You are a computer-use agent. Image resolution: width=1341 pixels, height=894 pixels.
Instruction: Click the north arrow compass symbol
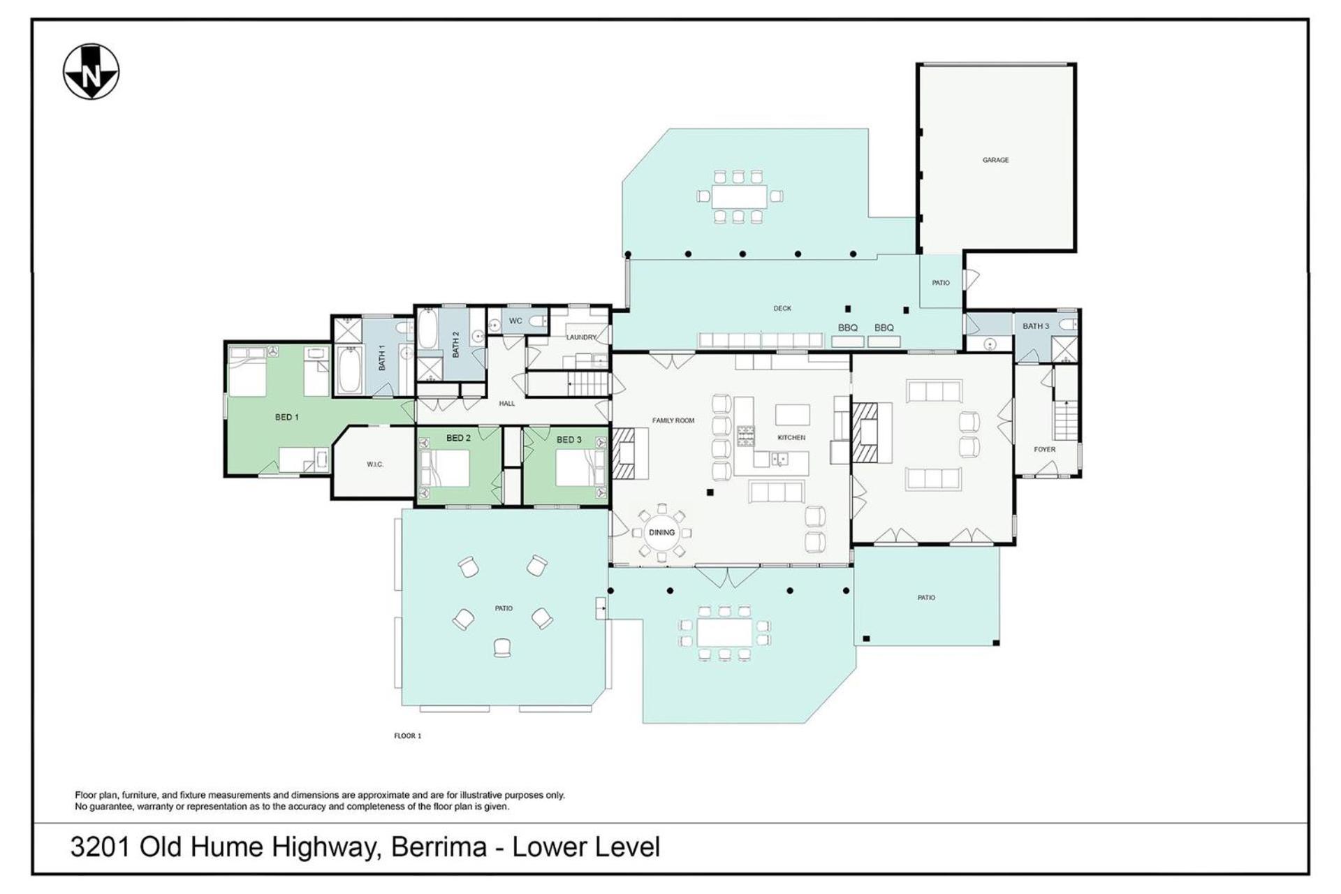(91, 72)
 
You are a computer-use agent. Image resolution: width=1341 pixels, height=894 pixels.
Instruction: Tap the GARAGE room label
(995, 160)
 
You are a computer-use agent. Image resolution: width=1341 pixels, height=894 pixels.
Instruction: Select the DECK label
(782, 308)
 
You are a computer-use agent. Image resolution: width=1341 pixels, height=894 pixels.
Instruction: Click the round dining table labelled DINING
(661, 532)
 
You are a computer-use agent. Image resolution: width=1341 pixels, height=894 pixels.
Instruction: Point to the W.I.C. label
(375, 464)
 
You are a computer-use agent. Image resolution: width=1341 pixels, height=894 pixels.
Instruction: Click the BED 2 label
(458, 438)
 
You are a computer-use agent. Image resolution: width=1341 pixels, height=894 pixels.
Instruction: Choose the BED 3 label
(569, 439)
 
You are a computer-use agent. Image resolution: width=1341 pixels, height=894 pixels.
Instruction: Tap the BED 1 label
(286, 417)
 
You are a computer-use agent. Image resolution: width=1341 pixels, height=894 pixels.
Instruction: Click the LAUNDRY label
(581, 337)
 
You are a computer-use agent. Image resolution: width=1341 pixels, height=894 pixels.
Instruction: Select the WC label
(515, 321)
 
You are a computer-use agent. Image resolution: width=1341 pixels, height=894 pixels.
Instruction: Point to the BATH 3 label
(1036, 326)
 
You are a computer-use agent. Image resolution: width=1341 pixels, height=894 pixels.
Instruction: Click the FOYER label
(1045, 449)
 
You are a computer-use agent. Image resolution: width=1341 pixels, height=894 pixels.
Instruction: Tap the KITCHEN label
(791, 437)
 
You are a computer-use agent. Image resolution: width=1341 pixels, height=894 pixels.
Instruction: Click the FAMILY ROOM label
(673, 420)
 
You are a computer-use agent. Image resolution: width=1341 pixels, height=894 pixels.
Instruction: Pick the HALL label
(507, 403)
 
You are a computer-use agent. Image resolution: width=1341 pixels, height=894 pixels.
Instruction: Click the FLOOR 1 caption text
(408, 735)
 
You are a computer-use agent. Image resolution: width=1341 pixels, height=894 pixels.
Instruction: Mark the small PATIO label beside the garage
(941, 283)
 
